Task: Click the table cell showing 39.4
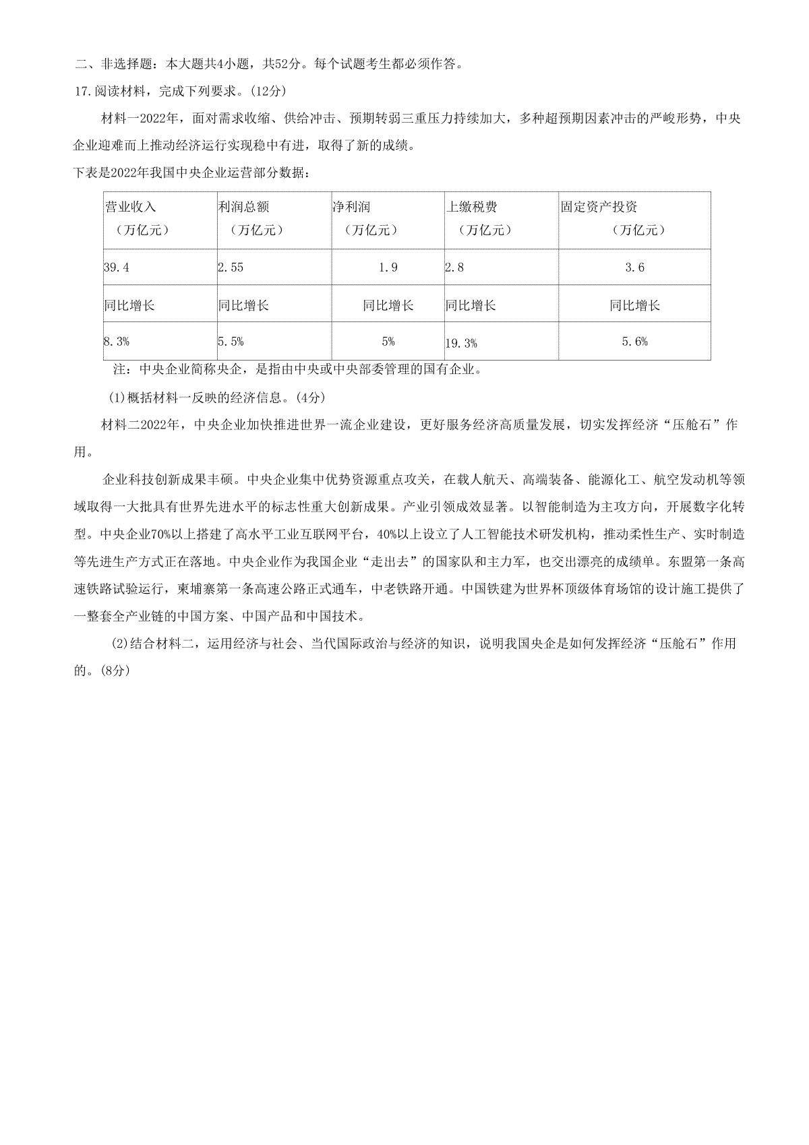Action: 117,268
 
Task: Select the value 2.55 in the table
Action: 231,268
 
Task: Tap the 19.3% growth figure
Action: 461,343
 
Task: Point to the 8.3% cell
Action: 117,342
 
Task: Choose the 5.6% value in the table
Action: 634,342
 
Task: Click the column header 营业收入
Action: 130,207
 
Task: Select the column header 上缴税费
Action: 471,207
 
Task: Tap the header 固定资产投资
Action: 599,207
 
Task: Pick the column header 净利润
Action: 351,207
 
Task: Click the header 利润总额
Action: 243,207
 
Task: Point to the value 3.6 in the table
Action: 634,268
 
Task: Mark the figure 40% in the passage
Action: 390,534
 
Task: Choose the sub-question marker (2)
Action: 119,644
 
